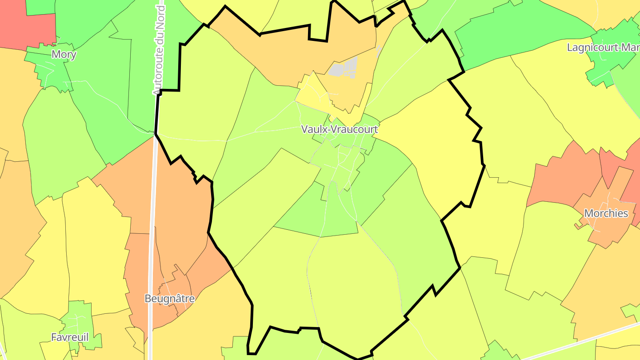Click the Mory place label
pos(64,55)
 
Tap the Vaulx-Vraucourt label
pos(339,129)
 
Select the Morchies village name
pos(606,213)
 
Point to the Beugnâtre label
pos(170,298)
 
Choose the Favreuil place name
pos(70,337)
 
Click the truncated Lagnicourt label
pos(603,47)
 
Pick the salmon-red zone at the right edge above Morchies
pos(631,178)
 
